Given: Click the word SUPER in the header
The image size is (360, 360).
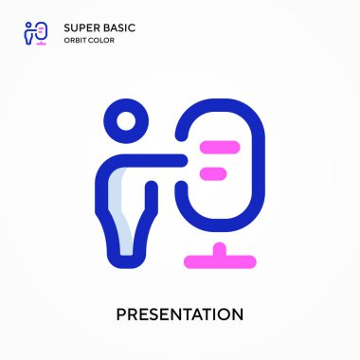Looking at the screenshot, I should (x=79, y=27).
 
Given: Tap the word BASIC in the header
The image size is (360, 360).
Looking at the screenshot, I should (x=117, y=27).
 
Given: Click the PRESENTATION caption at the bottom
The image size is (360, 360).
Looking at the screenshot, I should (x=180, y=314).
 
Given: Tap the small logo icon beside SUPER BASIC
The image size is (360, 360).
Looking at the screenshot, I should (x=34, y=33).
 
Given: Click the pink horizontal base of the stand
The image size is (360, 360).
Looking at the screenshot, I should (x=219, y=258).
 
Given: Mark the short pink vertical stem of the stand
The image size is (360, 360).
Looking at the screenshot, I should (x=219, y=248).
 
